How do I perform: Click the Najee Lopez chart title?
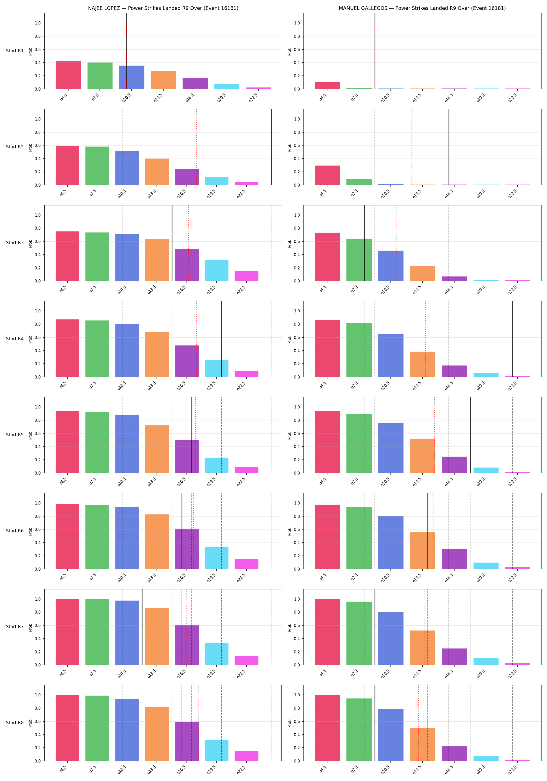coord(163,8)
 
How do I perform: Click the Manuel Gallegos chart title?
coord(422,8)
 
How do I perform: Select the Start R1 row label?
coord(15,51)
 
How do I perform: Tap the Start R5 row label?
coord(15,435)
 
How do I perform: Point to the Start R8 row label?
coord(15,722)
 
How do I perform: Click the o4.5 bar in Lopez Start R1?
coord(68,75)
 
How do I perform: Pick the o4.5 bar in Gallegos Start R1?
coord(327,85)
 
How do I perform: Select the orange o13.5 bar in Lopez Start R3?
coord(157,260)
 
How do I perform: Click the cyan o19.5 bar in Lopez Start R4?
coord(216,368)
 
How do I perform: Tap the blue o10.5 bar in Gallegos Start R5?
coord(391,448)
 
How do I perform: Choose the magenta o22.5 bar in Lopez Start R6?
coord(246,564)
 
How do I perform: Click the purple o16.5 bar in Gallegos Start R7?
coord(454,657)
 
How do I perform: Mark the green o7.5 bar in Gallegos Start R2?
coord(359,182)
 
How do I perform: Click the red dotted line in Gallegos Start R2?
coord(412,147)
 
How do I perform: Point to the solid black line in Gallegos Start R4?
coord(513,339)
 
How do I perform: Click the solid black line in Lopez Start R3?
coord(172,243)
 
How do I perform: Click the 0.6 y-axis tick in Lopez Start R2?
coord(38,146)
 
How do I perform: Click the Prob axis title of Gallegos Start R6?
coord(290,531)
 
